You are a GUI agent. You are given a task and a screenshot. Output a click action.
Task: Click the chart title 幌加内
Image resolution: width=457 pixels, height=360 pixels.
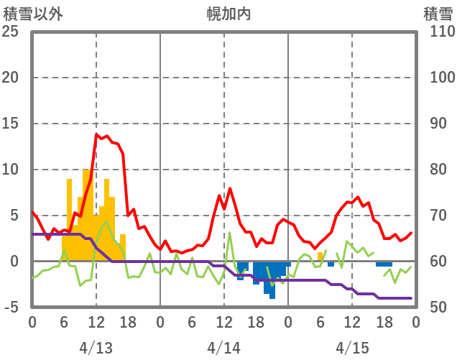(228, 13)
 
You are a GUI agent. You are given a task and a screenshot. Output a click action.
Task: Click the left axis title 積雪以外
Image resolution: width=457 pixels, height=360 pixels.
(32, 13)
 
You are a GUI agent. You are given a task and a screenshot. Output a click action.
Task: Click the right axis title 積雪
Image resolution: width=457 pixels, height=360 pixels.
(437, 13)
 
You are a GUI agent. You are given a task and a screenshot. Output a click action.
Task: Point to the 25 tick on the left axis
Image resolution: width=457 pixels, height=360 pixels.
(10, 32)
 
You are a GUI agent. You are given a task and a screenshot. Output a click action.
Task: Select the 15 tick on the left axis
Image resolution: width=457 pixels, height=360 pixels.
(10, 124)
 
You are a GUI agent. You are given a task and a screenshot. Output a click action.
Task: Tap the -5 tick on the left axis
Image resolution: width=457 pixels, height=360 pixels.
(10, 308)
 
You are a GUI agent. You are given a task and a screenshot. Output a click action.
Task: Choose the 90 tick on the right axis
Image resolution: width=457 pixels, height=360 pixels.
(435, 124)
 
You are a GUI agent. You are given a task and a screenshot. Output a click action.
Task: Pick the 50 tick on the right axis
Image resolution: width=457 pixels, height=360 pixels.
(435, 308)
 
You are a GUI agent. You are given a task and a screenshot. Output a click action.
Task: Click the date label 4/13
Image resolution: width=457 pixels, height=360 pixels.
(96, 348)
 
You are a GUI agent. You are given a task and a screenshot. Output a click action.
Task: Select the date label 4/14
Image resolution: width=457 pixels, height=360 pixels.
(223, 348)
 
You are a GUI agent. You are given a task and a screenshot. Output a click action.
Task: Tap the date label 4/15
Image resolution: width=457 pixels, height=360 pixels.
(351, 348)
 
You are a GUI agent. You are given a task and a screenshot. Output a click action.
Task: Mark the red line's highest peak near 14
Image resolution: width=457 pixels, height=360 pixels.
(96, 134)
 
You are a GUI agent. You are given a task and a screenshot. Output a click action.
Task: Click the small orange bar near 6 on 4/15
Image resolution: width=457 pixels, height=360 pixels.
(320, 257)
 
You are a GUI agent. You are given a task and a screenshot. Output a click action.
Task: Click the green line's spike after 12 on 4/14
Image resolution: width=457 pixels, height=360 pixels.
(229, 232)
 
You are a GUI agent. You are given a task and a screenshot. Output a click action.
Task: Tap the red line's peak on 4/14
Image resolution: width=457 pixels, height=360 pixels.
(230, 188)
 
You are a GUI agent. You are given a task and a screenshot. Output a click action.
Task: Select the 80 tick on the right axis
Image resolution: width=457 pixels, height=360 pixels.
(435, 170)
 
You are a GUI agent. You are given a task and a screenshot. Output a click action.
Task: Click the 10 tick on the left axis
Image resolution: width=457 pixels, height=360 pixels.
(10, 170)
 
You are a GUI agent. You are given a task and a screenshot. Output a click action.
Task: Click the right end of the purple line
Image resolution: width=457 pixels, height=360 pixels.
(410, 298)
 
